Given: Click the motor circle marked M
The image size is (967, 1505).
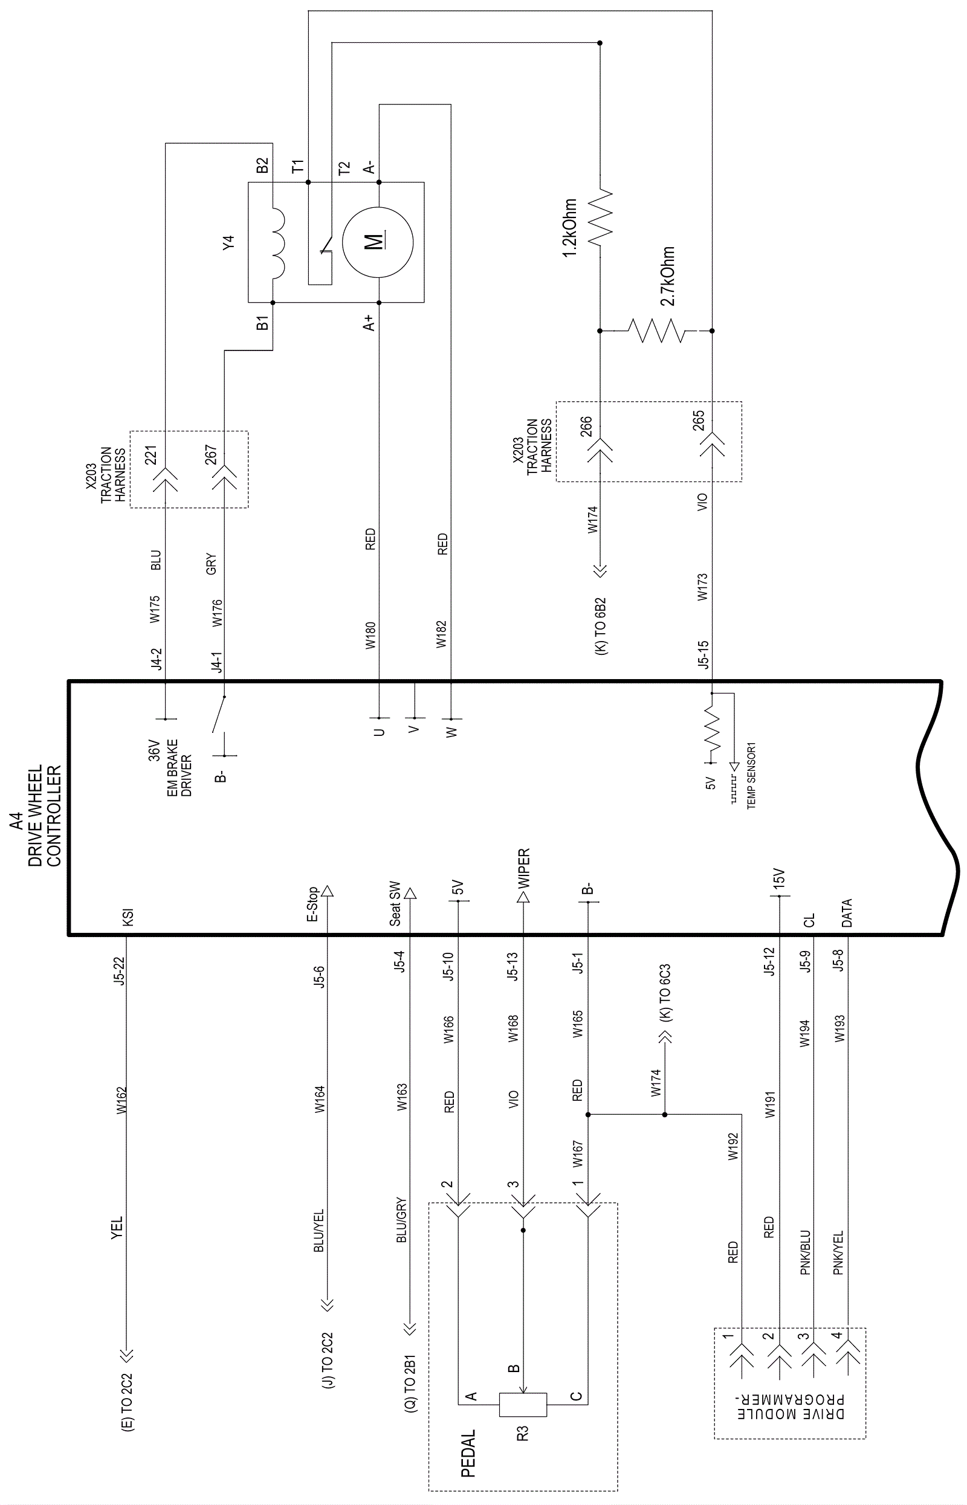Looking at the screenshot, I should tap(377, 242).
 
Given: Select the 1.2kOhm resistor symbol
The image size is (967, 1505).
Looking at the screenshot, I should tap(600, 216).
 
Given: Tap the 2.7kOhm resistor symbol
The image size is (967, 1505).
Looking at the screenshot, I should tap(657, 330).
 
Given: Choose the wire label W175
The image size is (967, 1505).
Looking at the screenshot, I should tap(155, 609).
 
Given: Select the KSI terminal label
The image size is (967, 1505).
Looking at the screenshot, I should tap(128, 918).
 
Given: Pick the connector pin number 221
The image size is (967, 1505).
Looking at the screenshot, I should tap(150, 455).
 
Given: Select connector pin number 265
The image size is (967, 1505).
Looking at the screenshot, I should tap(698, 421).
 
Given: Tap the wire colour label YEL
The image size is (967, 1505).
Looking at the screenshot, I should tap(117, 1228).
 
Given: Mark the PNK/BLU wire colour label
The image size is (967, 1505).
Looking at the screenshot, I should tap(806, 1252).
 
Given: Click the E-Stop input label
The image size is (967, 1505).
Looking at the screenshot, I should tap(312, 904).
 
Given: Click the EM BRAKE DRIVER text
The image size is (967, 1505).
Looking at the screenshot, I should tap(179, 767).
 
